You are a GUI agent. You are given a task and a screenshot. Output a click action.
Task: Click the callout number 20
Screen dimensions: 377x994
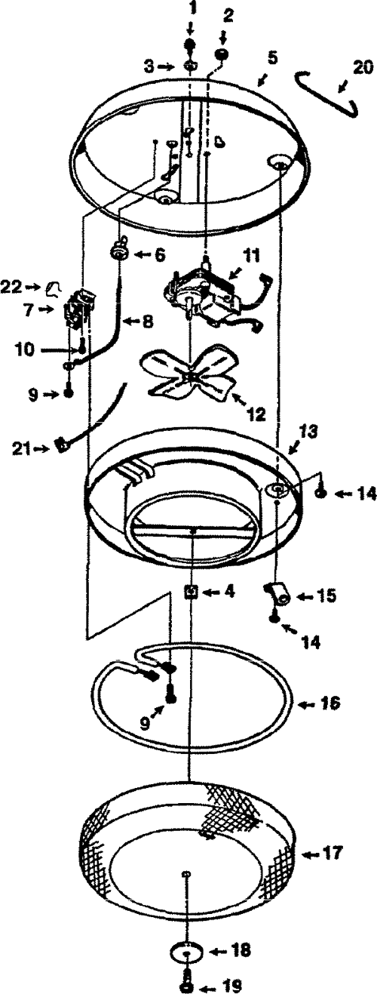coord(363,69)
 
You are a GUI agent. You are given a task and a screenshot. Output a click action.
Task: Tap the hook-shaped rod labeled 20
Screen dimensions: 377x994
coord(327,92)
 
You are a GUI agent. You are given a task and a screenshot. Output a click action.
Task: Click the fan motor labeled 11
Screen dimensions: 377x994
coord(208,295)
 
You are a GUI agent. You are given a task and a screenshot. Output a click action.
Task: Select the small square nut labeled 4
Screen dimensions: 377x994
coord(191,591)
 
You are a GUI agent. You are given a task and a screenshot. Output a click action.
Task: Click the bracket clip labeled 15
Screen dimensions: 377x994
coord(277,595)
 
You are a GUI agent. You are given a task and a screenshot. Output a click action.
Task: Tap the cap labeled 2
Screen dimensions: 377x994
coord(221,55)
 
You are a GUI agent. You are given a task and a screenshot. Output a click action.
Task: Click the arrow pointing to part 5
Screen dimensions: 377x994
coord(262,80)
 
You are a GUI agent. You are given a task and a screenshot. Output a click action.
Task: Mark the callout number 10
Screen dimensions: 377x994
coord(26,349)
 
